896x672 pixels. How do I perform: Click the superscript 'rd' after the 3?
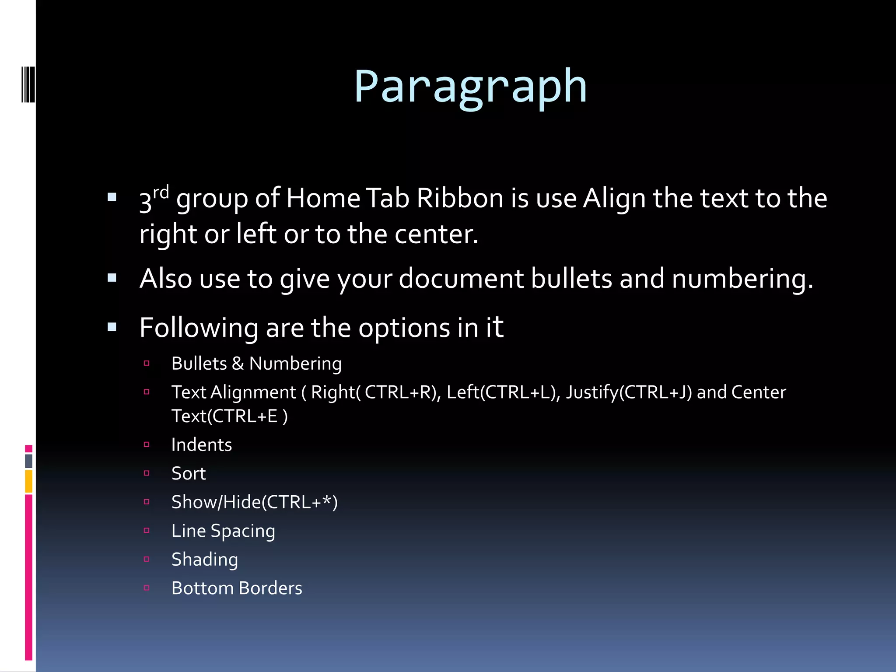(x=161, y=192)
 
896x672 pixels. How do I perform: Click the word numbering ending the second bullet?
(x=742, y=279)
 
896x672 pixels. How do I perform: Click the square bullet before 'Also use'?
(x=112, y=278)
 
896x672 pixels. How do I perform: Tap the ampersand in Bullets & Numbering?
(x=238, y=364)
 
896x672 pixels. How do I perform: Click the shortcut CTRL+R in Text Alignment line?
(x=398, y=392)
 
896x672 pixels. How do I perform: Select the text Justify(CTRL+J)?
(x=629, y=392)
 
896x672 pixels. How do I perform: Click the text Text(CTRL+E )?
(x=229, y=416)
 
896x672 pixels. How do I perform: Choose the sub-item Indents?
(x=201, y=445)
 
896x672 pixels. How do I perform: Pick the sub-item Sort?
(x=188, y=473)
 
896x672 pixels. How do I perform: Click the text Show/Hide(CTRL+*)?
(x=254, y=502)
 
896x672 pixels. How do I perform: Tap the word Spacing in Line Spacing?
(x=243, y=531)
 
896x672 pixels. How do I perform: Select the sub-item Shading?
(x=204, y=560)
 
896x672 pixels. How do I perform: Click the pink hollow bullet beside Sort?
(x=147, y=473)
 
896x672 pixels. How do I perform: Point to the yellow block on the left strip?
(x=28, y=481)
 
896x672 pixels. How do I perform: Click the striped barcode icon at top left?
(x=28, y=84)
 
